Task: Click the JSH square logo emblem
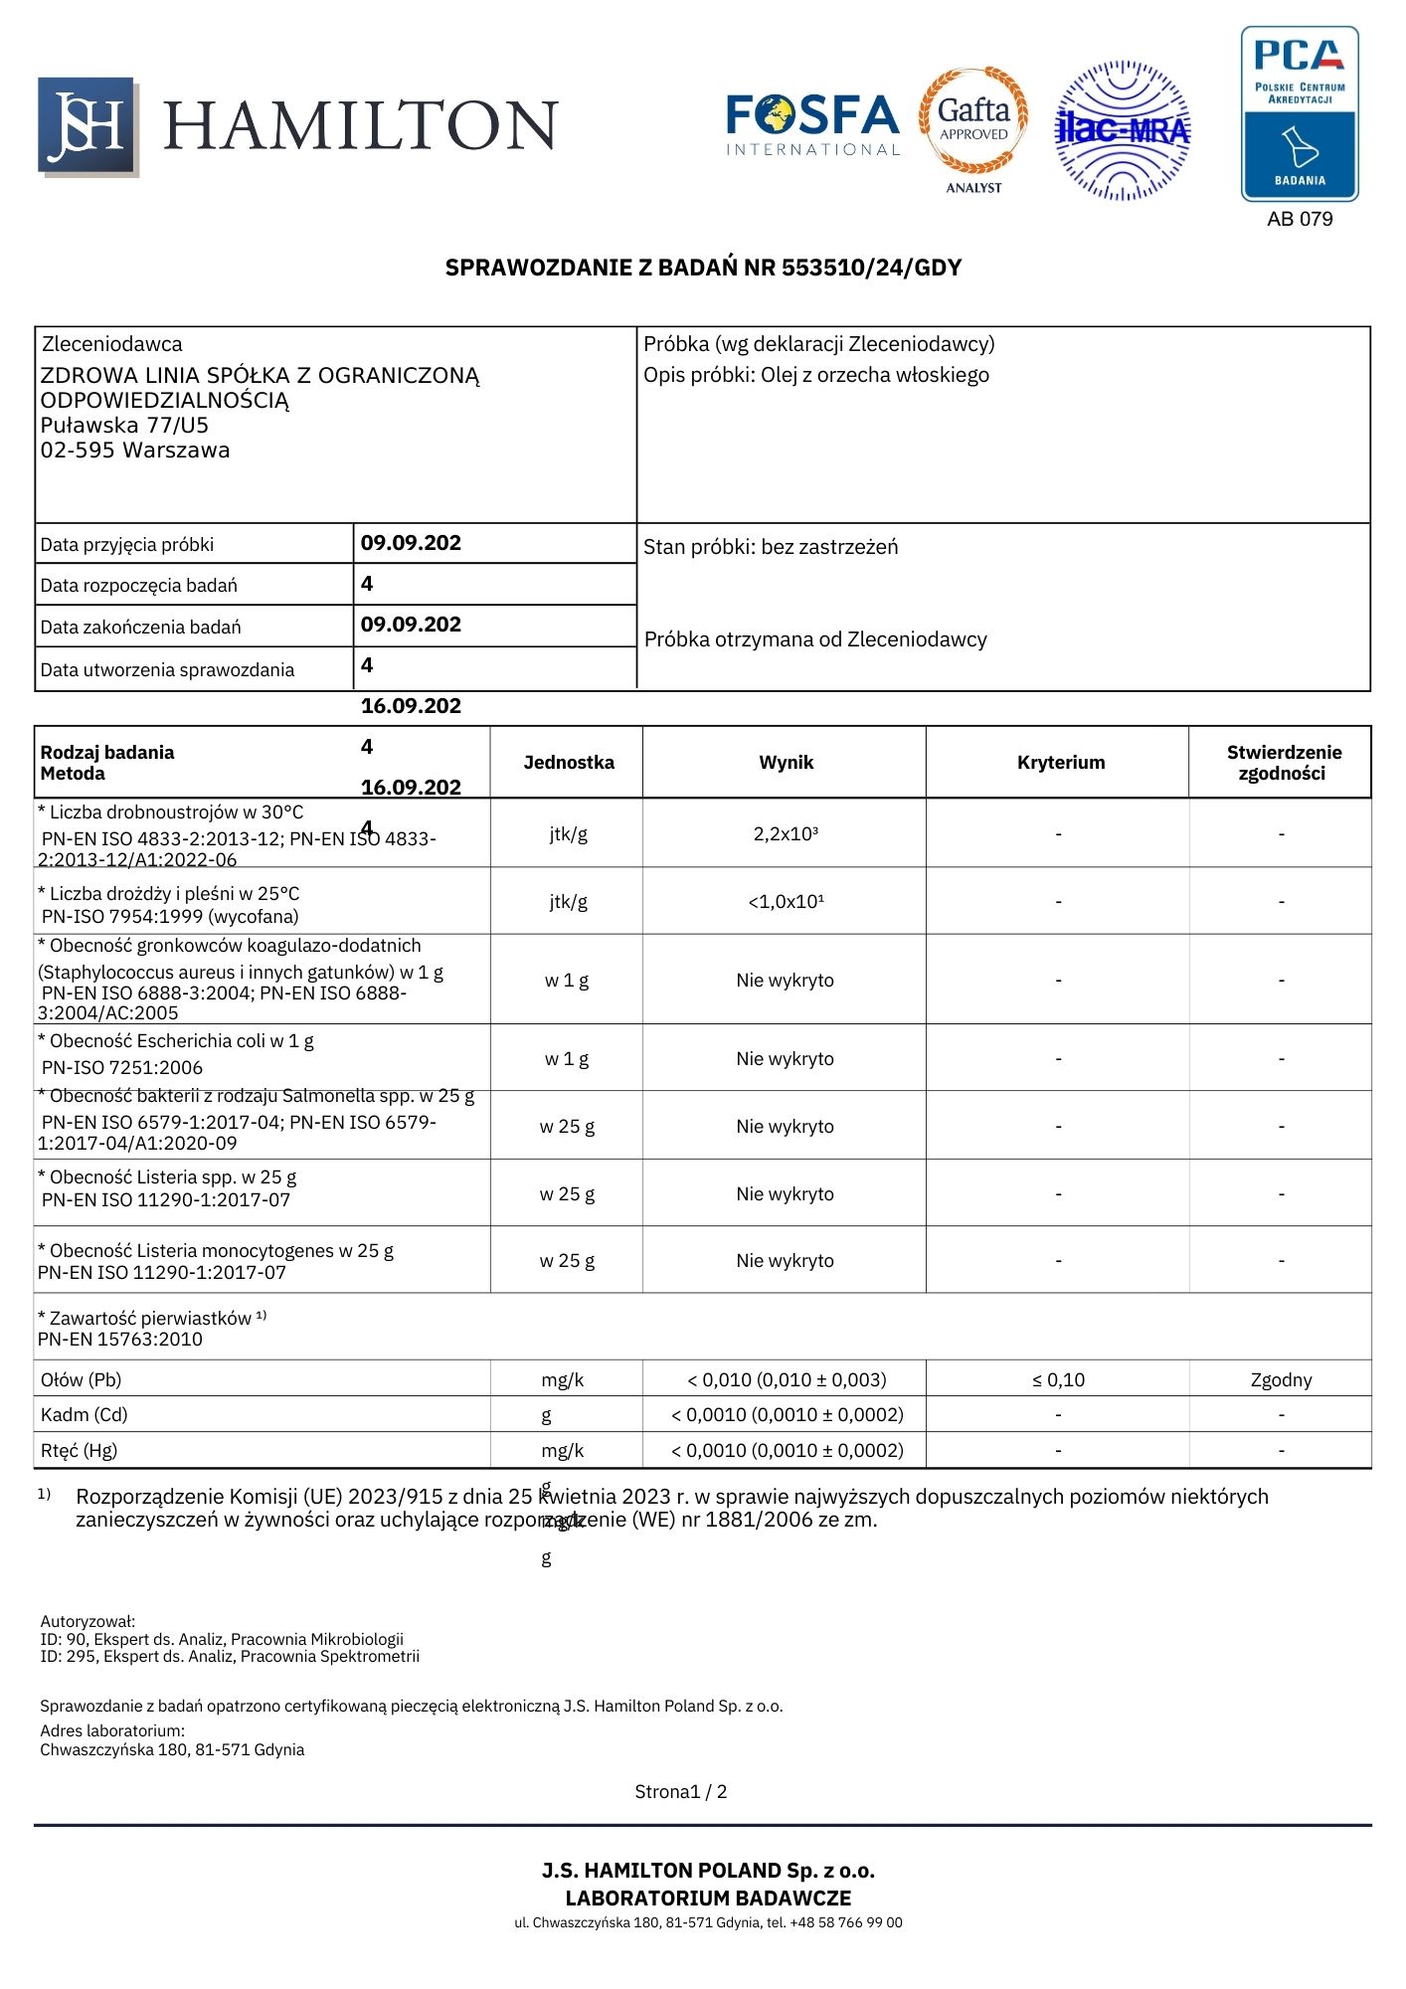87,125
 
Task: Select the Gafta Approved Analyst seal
973,127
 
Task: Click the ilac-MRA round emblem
1123,129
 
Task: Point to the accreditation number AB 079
1300,219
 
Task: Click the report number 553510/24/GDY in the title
871,268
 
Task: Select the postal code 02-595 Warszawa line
135,451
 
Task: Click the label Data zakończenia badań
141,628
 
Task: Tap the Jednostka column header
569,763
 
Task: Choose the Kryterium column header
1061,763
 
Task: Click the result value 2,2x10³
786,834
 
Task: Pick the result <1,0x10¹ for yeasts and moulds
786,902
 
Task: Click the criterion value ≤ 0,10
1058,1380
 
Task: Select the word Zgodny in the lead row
1281,1380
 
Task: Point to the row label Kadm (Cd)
85,1415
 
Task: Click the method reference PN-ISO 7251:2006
122,1068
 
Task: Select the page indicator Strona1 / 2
681,1792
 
